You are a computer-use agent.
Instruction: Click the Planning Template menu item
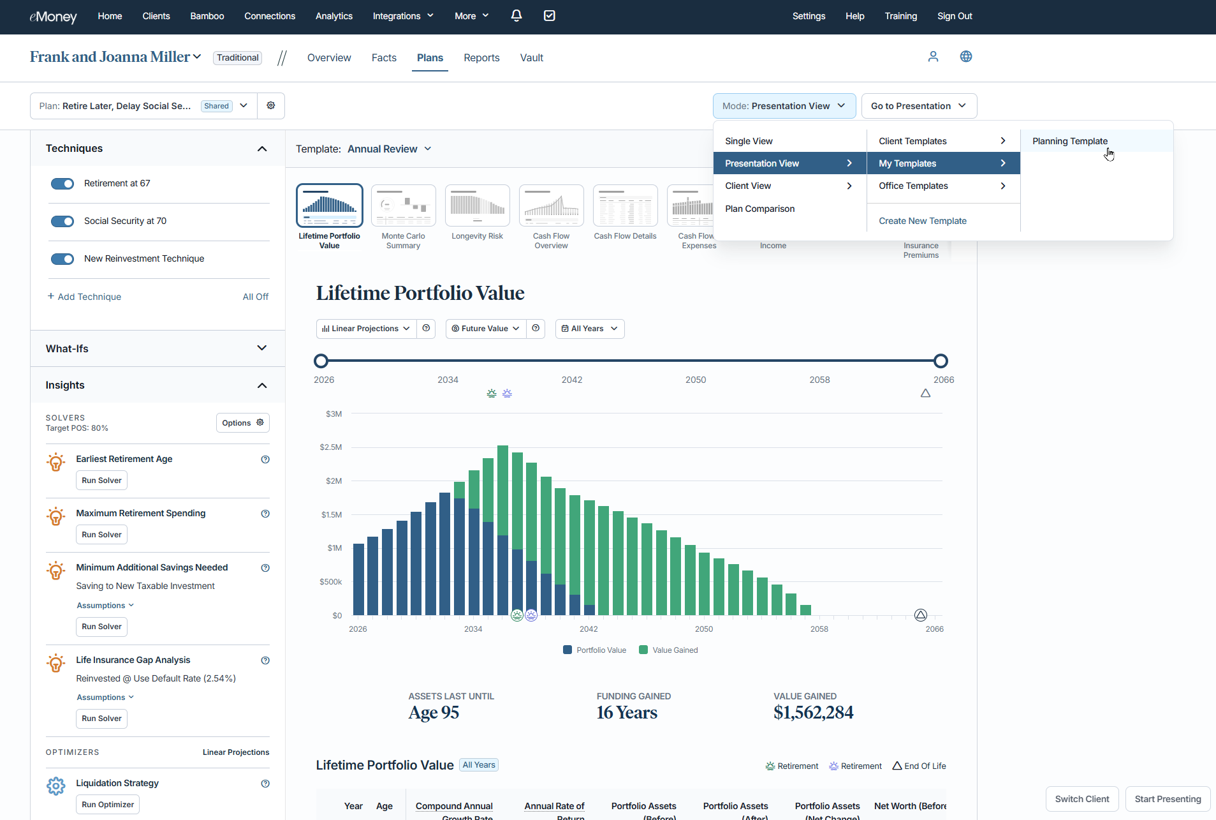point(1069,141)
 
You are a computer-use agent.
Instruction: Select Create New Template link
point(922,221)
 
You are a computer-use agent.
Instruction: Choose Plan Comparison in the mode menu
point(759,209)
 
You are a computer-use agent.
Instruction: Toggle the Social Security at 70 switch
point(62,221)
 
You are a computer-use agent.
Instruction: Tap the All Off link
point(255,297)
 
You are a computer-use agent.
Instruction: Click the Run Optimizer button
point(108,805)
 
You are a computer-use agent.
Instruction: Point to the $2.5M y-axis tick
point(331,447)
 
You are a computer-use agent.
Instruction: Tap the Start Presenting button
point(1168,799)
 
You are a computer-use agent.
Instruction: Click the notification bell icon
point(516,16)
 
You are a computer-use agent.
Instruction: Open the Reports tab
point(481,58)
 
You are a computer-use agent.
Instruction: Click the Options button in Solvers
point(242,423)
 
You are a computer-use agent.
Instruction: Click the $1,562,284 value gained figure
point(813,713)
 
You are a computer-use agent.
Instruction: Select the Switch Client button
point(1081,799)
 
